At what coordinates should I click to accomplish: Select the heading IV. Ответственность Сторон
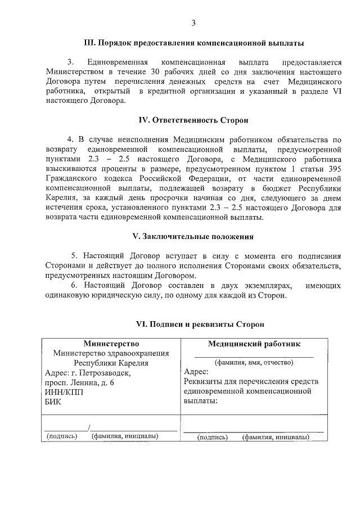[x=193, y=120]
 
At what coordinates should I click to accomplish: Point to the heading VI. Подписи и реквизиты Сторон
[x=193, y=324]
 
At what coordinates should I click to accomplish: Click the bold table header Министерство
[x=111, y=343]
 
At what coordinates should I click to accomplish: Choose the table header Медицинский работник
[x=254, y=343]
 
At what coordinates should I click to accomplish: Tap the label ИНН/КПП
[x=63, y=392]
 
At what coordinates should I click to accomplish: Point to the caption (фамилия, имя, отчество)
[x=254, y=362]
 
